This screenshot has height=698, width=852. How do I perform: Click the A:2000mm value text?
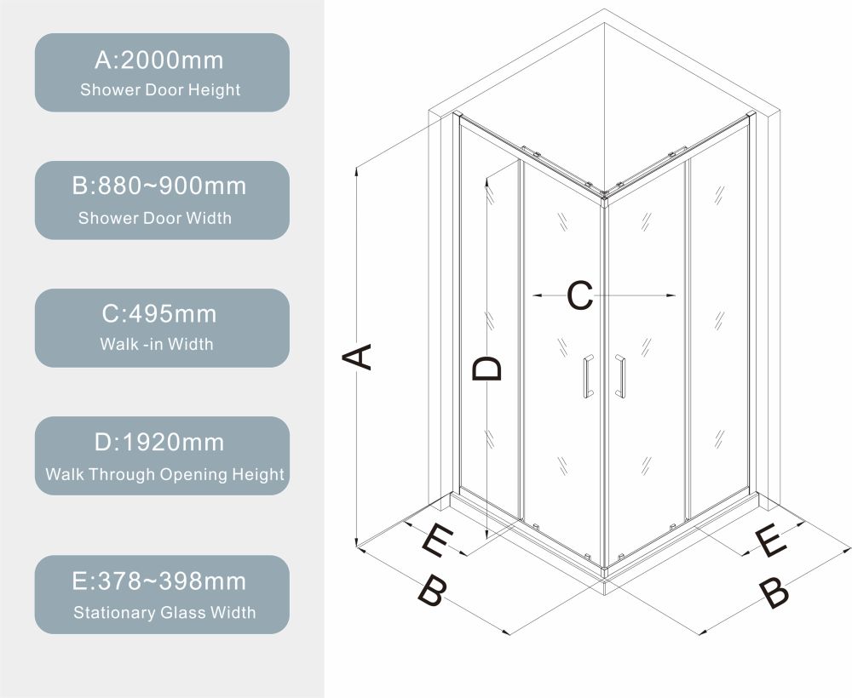(x=159, y=60)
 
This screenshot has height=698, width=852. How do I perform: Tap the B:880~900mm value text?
(x=159, y=186)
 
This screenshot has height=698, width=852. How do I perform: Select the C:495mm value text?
(x=159, y=314)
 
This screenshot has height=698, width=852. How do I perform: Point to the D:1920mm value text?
(x=159, y=443)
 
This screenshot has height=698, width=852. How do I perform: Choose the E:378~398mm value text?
(x=159, y=581)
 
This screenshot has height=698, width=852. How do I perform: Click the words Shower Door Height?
(x=160, y=90)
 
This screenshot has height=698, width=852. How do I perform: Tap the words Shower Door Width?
(x=155, y=218)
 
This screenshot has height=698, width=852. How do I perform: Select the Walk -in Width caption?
(x=157, y=344)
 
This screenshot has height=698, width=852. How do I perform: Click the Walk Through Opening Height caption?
(x=164, y=474)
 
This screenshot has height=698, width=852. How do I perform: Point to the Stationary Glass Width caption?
(x=164, y=613)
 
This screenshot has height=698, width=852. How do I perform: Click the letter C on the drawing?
(x=579, y=296)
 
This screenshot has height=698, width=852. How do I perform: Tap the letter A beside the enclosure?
(x=357, y=357)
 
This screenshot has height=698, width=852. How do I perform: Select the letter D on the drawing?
(x=486, y=369)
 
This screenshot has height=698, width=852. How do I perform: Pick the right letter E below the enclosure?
(x=771, y=541)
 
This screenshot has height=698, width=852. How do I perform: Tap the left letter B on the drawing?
(x=433, y=592)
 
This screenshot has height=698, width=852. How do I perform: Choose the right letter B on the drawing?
(x=774, y=592)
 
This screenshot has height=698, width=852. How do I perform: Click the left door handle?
(x=588, y=377)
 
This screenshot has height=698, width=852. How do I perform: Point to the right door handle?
(x=620, y=377)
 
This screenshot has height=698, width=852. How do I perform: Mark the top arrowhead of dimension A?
(x=356, y=170)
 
